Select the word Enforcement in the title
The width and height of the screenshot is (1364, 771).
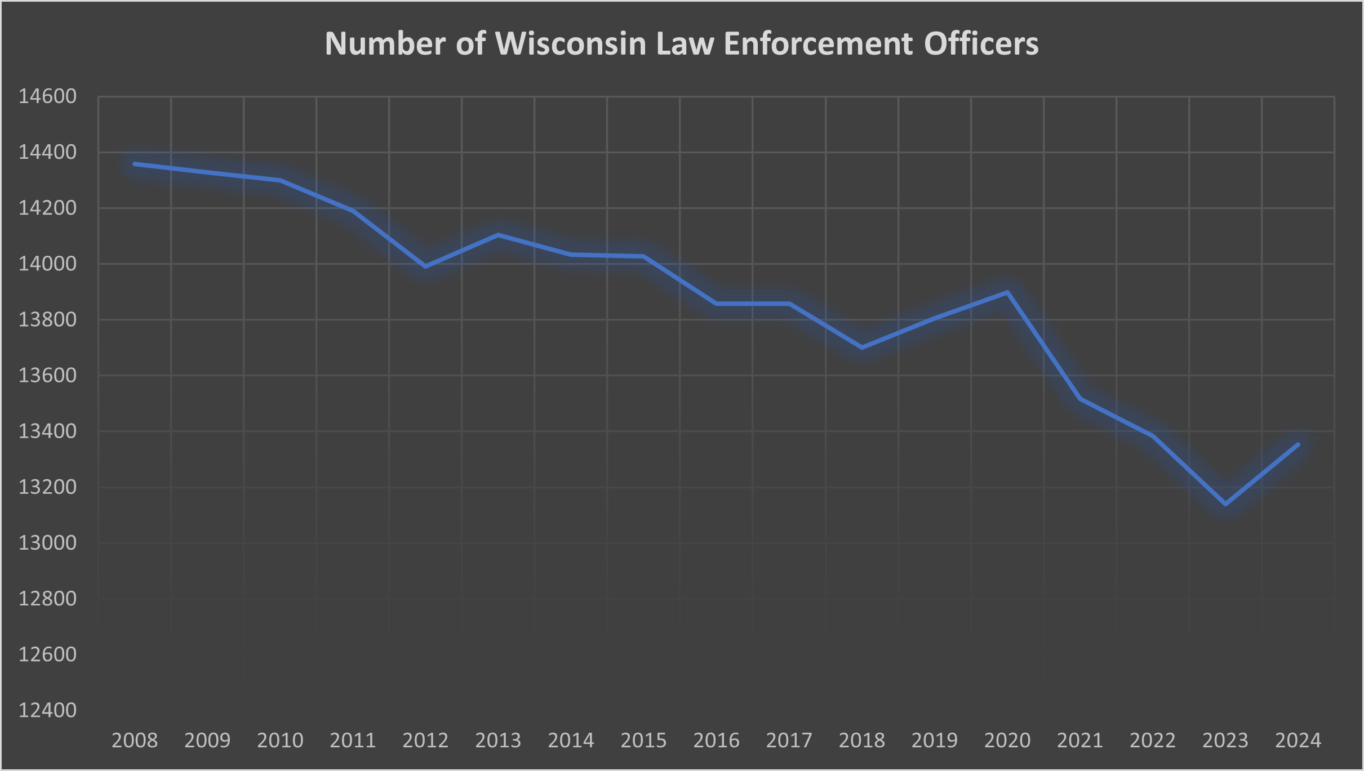click(x=817, y=43)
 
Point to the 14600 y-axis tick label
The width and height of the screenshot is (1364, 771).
click(x=47, y=96)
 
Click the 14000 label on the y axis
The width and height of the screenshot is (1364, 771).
click(x=47, y=264)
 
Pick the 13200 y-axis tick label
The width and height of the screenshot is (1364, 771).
click(x=47, y=487)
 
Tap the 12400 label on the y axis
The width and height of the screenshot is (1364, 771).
click(x=47, y=710)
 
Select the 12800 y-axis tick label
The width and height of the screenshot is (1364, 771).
click(x=47, y=599)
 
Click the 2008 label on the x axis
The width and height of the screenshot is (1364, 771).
click(x=135, y=740)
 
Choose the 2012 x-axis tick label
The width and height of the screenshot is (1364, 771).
click(x=425, y=740)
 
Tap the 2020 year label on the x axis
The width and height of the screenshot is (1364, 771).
click(x=1007, y=740)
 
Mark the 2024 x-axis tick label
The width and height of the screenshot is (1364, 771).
click(x=1298, y=740)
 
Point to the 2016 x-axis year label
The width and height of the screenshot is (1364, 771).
click(x=716, y=740)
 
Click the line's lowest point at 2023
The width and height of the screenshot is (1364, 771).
click(x=1225, y=504)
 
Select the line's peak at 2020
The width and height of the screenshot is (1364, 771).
click(x=1007, y=292)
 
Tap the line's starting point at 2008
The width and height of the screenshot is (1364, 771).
click(x=135, y=164)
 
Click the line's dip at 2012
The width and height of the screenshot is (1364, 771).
click(x=425, y=266)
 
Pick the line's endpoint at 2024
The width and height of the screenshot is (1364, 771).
click(x=1298, y=444)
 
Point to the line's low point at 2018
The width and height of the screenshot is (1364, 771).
click(x=862, y=347)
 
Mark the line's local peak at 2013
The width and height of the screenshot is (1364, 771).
click(x=498, y=235)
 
